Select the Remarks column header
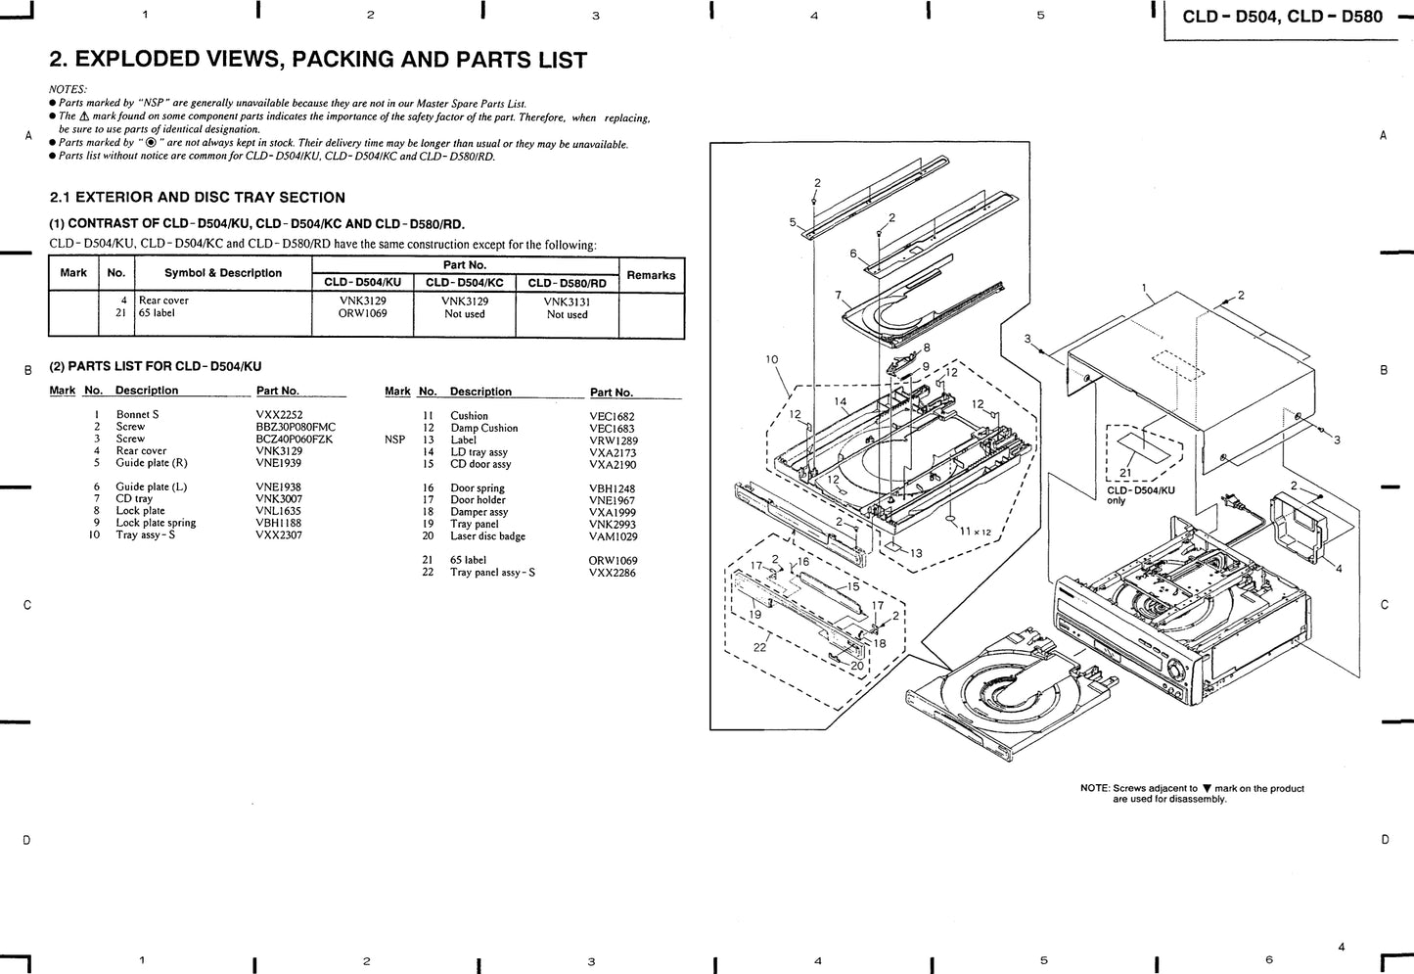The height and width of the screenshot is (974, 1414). click(x=651, y=275)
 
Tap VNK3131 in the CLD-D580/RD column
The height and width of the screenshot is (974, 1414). click(x=568, y=301)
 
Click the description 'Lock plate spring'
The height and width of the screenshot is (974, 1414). click(x=156, y=523)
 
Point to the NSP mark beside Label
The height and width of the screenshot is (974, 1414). click(x=394, y=440)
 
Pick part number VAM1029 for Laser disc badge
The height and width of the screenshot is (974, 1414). click(x=613, y=536)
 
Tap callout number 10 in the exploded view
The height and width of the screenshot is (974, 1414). click(x=771, y=359)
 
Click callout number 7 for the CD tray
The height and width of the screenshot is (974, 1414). click(x=838, y=294)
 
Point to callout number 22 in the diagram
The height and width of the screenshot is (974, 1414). click(x=758, y=648)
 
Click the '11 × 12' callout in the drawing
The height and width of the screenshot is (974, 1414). click(x=975, y=531)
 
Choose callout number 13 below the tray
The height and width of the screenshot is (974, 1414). click(x=916, y=553)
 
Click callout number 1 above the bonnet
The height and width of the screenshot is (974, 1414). click(x=1144, y=288)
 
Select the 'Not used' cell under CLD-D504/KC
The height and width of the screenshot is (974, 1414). click(x=465, y=314)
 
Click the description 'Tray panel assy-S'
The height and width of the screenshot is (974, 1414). click(x=493, y=572)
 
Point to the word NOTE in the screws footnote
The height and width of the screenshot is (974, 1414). click(x=1094, y=788)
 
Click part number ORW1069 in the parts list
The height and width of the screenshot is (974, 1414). click(x=613, y=561)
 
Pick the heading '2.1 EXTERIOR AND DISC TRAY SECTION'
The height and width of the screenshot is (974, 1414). click(x=197, y=198)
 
